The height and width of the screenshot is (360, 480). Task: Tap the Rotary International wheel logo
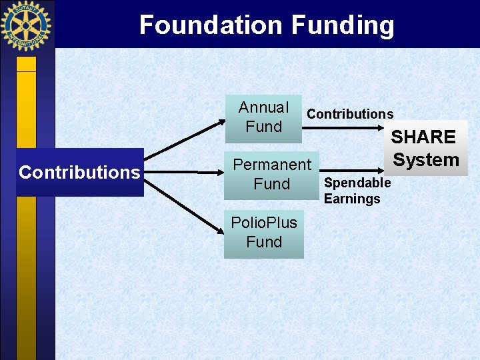[26, 26]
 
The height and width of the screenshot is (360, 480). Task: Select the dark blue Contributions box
[79, 172]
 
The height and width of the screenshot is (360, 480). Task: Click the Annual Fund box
[263, 118]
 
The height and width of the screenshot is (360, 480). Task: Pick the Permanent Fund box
[271, 175]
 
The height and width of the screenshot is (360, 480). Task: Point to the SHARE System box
[425, 148]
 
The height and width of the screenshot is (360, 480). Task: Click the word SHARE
[423, 137]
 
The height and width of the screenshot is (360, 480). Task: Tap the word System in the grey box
[426, 160]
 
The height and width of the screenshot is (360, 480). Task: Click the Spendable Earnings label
[357, 191]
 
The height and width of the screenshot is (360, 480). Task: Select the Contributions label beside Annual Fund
[350, 114]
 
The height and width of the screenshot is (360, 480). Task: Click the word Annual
[263, 107]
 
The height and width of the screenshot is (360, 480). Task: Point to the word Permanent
[271, 165]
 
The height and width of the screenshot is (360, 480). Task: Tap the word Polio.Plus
[264, 223]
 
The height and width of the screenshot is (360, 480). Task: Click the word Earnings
[352, 199]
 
